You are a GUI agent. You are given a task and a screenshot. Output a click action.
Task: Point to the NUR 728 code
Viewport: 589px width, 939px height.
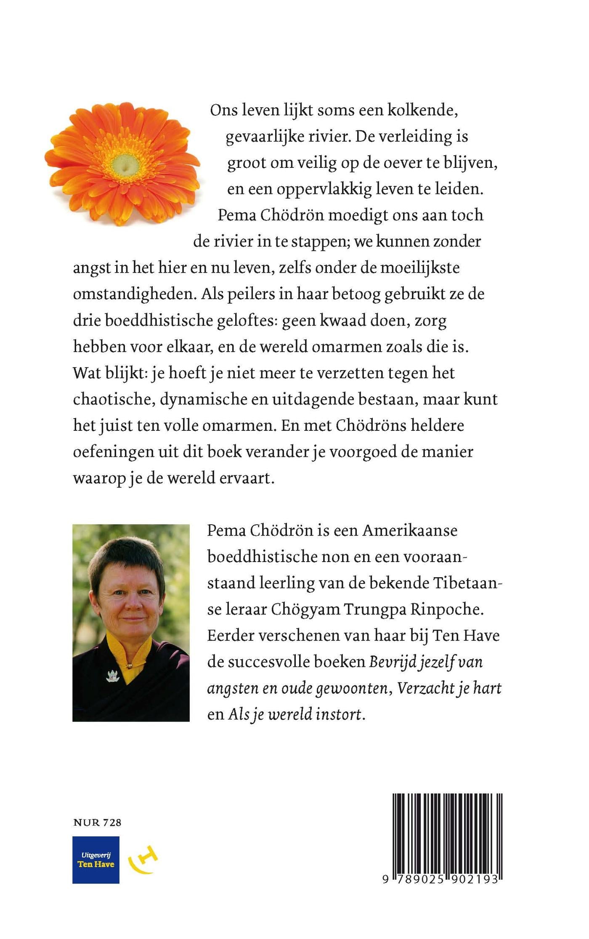97,822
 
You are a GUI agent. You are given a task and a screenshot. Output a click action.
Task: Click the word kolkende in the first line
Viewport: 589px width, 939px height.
422,110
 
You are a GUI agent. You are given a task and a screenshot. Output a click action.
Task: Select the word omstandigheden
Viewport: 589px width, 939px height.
135,294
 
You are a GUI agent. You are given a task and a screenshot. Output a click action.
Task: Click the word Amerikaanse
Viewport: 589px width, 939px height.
410,531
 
